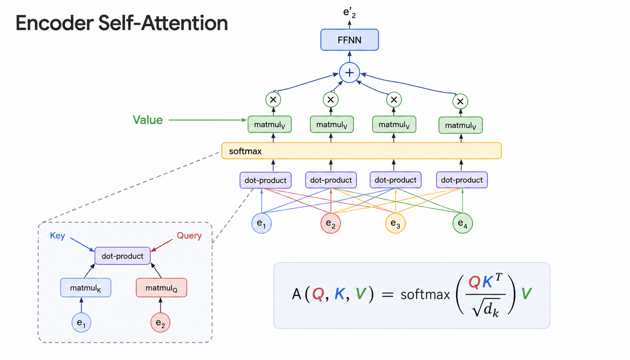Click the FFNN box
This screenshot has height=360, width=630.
tap(350, 40)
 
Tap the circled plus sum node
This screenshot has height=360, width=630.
tap(350, 73)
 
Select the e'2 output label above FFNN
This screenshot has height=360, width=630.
tap(350, 13)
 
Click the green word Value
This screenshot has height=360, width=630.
tap(148, 120)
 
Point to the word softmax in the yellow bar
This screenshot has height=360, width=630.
tap(245, 151)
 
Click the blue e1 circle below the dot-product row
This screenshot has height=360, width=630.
tap(262, 223)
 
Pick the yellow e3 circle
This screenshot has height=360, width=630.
tap(395, 223)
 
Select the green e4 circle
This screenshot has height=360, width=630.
tap(463, 223)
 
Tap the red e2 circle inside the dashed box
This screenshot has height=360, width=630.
tap(160, 322)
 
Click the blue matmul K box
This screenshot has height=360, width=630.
tap(86, 288)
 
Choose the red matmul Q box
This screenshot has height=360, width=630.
tap(161, 288)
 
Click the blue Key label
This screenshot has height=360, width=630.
tap(57, 236)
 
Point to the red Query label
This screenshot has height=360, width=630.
tap(189, 236)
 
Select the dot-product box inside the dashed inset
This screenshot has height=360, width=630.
tap(123, 256)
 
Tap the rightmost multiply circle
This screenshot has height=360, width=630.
tap(460, 101)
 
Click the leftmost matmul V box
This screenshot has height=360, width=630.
tap(270, 124)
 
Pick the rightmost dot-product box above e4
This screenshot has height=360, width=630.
tap(462, 180)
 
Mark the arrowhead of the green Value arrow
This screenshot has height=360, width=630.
tap(245, 120)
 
